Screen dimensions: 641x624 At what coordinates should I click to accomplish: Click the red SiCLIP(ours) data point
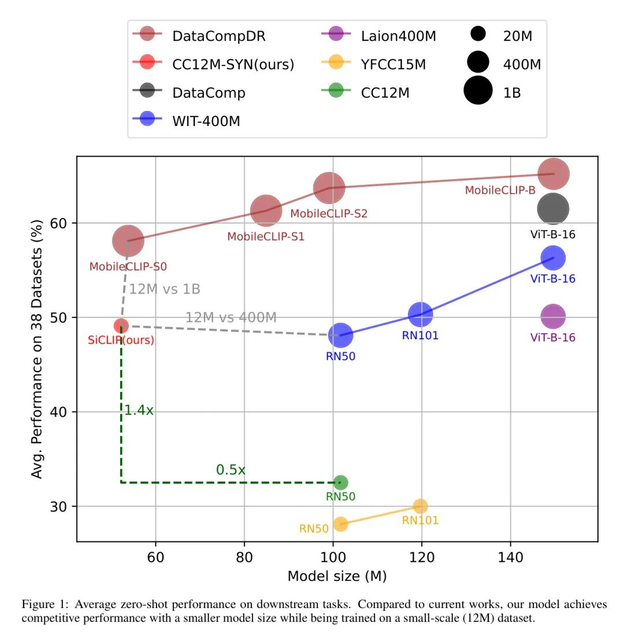coord(121,326)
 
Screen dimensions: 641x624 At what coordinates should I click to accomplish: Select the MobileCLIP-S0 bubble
coord(128,240)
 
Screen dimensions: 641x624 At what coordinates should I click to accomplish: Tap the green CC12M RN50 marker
coord(341,483)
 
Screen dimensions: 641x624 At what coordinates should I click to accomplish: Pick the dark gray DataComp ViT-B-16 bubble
coord(553,209)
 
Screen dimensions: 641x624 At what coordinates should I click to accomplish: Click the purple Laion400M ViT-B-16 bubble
coord(553,316)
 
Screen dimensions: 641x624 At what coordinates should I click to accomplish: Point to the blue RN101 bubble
coord(421,314)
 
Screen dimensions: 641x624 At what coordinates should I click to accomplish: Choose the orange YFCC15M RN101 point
coord(421,506)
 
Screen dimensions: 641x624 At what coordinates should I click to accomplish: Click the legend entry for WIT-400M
coord(206,121)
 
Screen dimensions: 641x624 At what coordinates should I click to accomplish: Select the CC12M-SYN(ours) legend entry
coord(233,64)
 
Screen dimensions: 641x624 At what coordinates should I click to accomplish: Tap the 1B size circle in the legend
coord(478,91)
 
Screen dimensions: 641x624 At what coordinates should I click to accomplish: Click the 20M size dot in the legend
coord(478,35)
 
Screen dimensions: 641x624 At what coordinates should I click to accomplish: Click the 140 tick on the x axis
coord(511,557)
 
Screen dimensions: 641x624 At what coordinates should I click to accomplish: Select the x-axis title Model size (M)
coord(337,576)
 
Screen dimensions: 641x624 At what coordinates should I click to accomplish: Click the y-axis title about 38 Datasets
coord(38,349)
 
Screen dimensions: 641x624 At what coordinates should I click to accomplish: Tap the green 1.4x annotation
coord(139,411)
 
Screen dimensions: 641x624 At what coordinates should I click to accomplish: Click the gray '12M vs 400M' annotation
coord(231,317)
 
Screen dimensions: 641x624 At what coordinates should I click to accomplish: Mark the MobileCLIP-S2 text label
coord(329,213)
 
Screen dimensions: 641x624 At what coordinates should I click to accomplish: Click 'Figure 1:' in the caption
coord(43,605)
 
